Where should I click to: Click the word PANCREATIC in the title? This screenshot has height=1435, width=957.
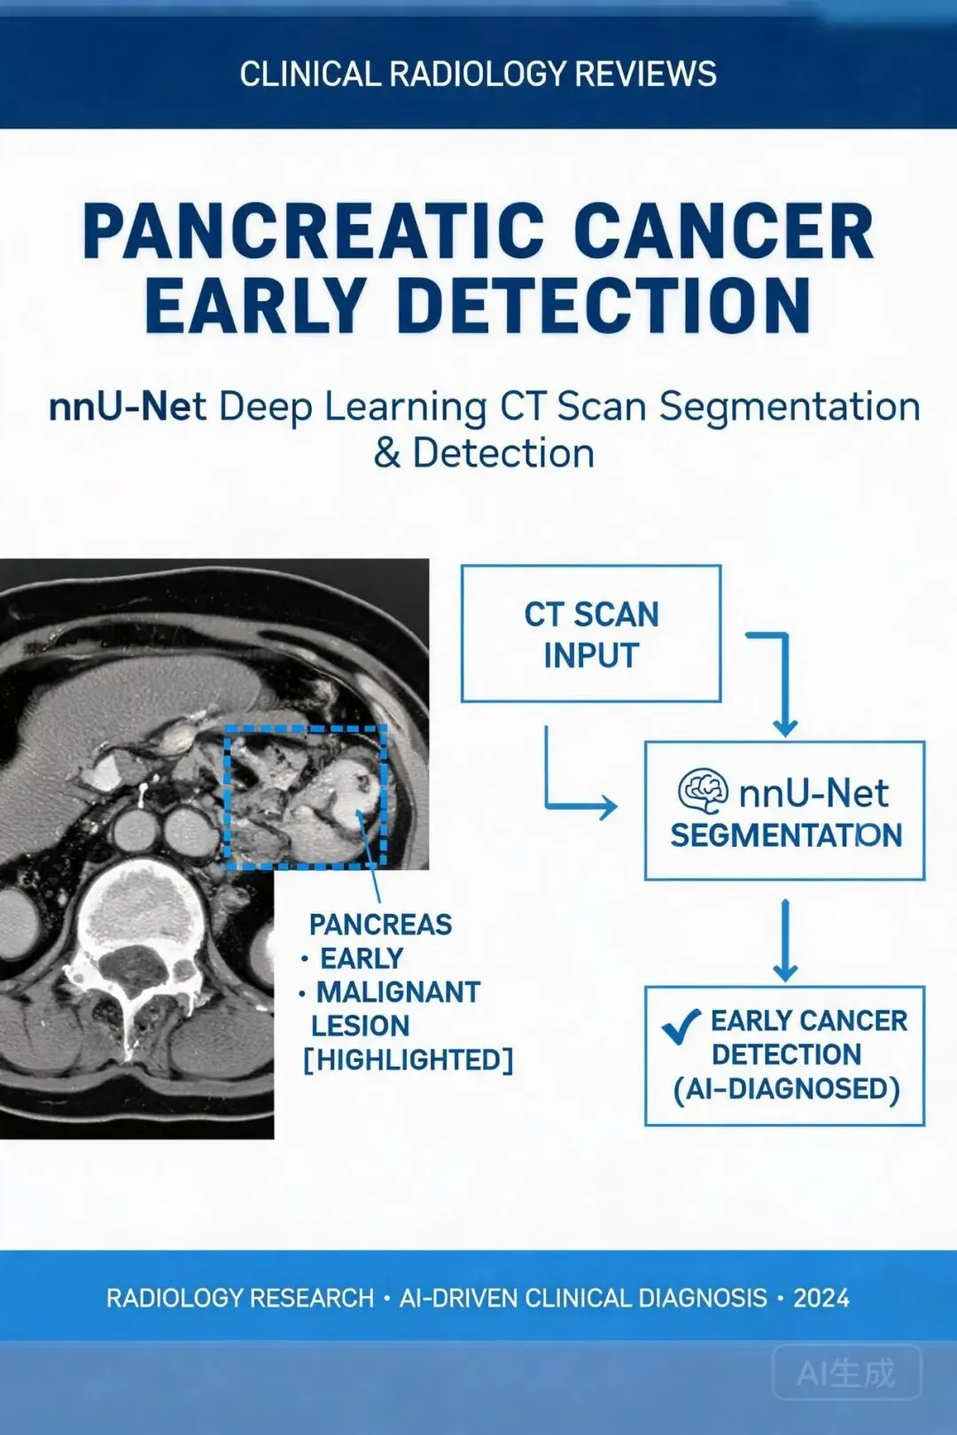[x=312, y=231]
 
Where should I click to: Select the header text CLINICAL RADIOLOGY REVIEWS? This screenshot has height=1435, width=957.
[x=478, y=74]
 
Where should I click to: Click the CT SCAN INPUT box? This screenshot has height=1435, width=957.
[x=591, y=633]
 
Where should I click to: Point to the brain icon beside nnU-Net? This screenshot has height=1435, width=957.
[x=704, y=792]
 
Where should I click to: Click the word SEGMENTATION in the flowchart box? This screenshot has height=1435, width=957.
[x=786, y=835]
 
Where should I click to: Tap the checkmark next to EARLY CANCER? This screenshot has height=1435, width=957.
[x=681, y=1027]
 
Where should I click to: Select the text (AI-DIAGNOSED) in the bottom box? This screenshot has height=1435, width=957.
[x=786, y=1089]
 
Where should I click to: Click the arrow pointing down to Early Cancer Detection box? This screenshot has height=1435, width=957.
[x=785, y=941]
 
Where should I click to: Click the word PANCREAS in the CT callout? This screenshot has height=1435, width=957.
[x=381, y=925]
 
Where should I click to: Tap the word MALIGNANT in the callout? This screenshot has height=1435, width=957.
[x=398, y=992]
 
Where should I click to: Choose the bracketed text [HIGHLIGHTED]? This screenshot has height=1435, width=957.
[x=408, y=1060]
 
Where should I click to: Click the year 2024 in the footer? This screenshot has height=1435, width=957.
[x=821, y=1298]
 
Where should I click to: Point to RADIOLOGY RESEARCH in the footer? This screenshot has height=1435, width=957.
[x=240, y=1298]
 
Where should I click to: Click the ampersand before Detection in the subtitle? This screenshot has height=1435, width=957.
[x=386, y=454]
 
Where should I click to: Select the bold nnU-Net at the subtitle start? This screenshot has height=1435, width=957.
[x=128, y=407]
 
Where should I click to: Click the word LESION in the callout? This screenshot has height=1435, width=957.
[x=361, y=1027]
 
